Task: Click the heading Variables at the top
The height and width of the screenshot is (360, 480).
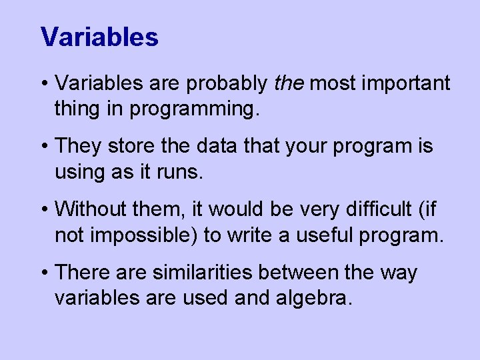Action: click(99, 37)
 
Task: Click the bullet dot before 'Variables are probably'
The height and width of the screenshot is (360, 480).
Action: click(45, 85)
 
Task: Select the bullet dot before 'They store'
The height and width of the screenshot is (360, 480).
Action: click(45, 147)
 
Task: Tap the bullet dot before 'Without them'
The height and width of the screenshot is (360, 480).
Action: click(45, 210)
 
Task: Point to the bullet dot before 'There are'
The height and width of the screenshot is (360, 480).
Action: click(45, 273)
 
